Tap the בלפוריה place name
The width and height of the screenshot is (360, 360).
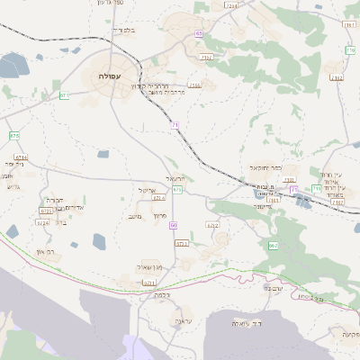coord(123,30)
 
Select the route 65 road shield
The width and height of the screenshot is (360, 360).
coord(198,33)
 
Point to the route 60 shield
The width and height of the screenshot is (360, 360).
coord(173,225)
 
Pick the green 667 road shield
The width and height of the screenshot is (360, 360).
coord(273,245)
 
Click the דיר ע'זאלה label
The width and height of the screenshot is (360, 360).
coord(246,322)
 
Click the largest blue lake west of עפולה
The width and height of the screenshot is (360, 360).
coord(13,66)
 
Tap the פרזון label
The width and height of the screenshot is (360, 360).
coord(162,217)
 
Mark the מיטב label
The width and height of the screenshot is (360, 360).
coord(137,216)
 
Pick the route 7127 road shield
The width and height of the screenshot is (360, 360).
coord(206,57)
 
